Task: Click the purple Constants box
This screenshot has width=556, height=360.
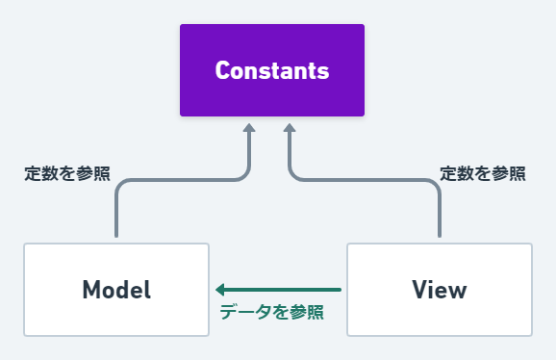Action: coord(272,70)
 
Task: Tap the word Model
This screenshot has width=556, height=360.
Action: coord(116,290)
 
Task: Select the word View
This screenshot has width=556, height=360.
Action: coord(439,290)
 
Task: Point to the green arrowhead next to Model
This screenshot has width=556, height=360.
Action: coord(220,289)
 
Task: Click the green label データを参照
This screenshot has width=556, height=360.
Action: coord(271,312)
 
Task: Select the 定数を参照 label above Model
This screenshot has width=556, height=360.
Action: coord(67,174)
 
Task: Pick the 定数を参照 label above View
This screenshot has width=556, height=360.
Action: coord(483,174)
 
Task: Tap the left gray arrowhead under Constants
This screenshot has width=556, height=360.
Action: coord(248,129)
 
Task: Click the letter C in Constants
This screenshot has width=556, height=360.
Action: coord(222,71)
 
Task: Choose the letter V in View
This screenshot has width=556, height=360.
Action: coord(417,290)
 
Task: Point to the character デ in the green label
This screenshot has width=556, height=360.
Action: coord(227,312)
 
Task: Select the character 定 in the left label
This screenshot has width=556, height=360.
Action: coord(31,174)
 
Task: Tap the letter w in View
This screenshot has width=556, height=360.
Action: coord(457,291)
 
